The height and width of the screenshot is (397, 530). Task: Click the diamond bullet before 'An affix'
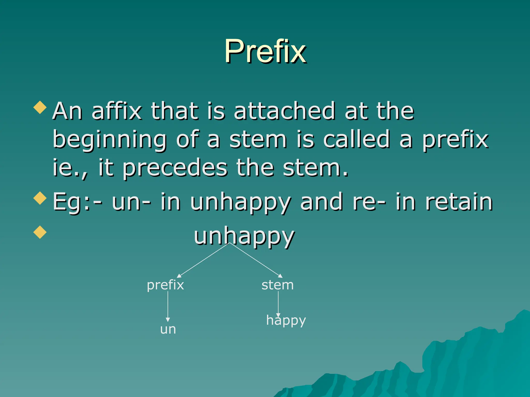click(x=40, y=107)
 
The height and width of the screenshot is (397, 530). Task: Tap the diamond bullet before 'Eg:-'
click(x=40, y=198)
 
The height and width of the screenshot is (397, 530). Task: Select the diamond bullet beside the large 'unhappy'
click(x=40, y=232)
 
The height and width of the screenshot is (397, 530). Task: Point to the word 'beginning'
click(x=110, y=140)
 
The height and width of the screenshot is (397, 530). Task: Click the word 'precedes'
click(x=175, y=168)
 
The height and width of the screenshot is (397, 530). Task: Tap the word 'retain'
click(x=459, y=202)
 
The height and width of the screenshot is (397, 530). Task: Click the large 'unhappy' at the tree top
click(x=244, y=236)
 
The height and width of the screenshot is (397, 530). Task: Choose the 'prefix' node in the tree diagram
click(x=165, y=285)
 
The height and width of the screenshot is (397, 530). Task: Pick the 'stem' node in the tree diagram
click(x=277, y=285)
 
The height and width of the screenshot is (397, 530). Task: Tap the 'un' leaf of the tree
click(x=168, y=329)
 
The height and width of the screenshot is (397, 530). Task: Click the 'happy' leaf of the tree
click(x=286, y=320)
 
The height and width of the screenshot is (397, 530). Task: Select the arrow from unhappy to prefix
click(x=203, y=260)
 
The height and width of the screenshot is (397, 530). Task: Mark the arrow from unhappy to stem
click(x=256, y=260)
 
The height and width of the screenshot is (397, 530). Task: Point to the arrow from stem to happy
click(x=278, y=302)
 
